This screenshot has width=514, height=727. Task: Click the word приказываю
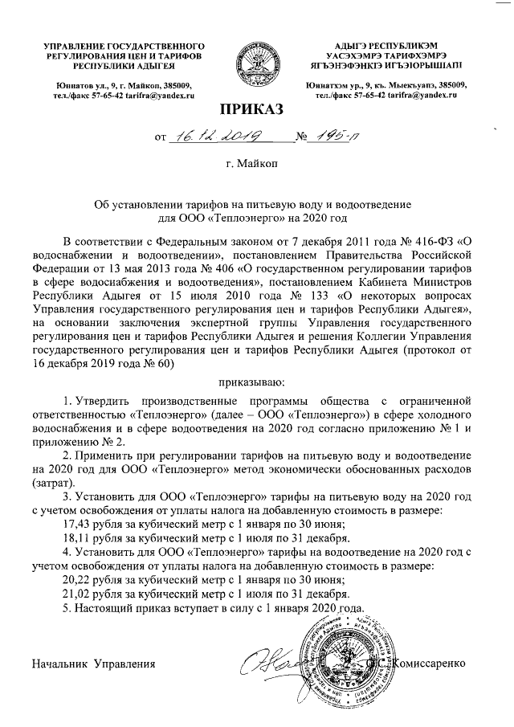coord(255,382)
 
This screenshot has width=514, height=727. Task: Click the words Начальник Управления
coord(93,664)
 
